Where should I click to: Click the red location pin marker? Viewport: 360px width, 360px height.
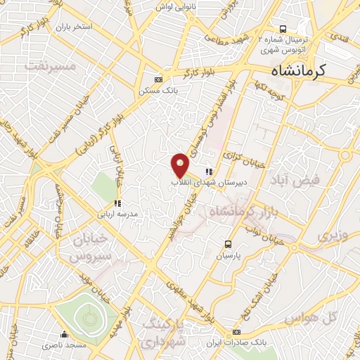click(180, 165)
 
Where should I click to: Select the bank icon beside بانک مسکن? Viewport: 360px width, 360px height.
click(157, 79)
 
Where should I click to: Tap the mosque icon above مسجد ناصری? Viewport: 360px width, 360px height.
click(65, 335)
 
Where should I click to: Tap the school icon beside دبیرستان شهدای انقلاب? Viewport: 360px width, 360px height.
click(207, 171)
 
